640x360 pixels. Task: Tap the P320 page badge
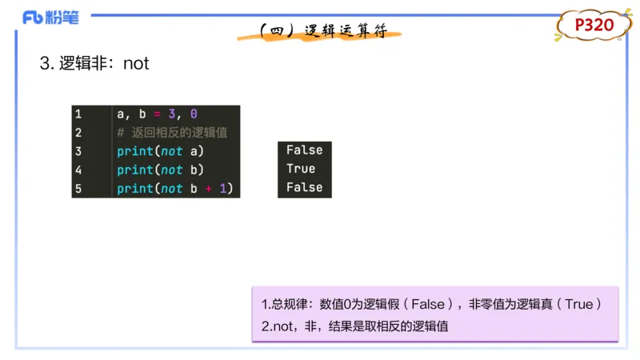[x=594, y=26]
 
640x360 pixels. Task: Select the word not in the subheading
[x=136, y=64]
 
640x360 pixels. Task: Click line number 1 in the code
[x=78, y=114]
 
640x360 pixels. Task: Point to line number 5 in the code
[x=78, y=189]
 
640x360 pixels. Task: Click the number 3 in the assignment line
[x=171, y=114]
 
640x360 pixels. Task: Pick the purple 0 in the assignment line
[x=193, y=114]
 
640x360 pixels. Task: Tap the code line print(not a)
[x=160, y=151]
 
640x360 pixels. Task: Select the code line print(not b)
[x=160, y=170]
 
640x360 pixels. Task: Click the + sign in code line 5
[x=207, y=189]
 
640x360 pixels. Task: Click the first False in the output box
[x=304, y=150]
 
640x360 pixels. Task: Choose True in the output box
[x=301, y=169]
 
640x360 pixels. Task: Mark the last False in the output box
[x=304, y=187]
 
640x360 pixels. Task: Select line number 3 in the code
[x=78, y=151]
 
